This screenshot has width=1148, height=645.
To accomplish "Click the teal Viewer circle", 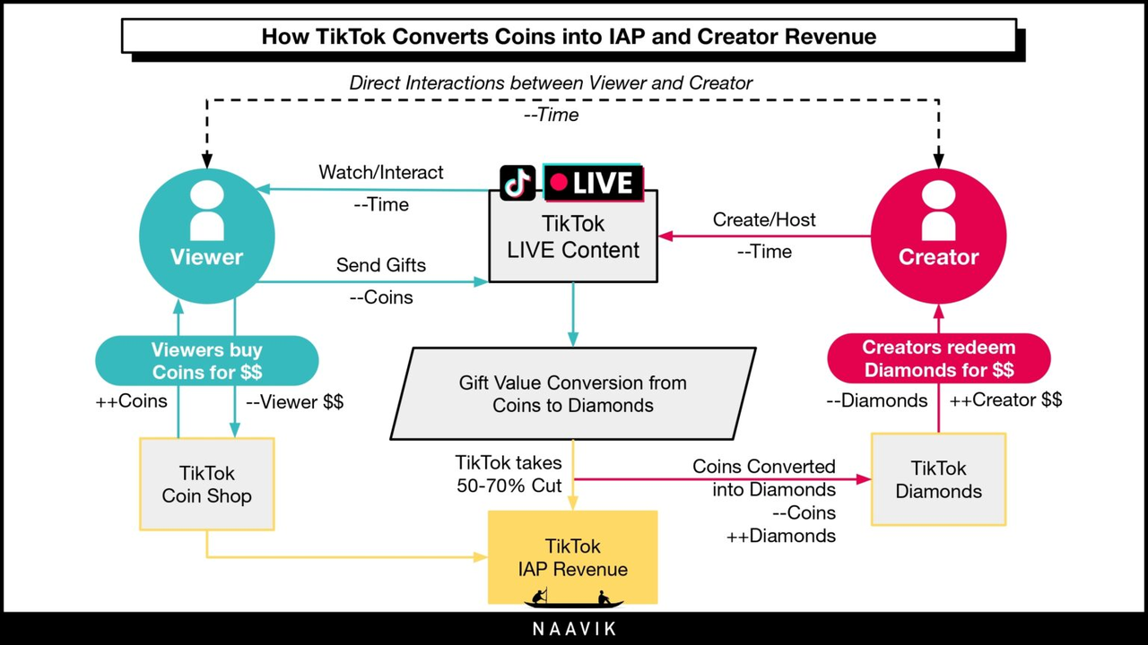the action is coord(207,236).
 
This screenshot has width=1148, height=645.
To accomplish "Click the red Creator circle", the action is coord(938,236).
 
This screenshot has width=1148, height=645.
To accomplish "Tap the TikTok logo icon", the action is coord(517,183).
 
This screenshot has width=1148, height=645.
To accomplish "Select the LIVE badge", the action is coord(593,182).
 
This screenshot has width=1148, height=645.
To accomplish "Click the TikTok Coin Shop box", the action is coord(207,484).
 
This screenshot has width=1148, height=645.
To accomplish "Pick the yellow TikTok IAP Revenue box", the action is coord(572,557).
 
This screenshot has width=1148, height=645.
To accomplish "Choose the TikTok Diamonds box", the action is coord(938,479).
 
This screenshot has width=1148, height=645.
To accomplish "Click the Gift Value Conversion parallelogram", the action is coord(573,393).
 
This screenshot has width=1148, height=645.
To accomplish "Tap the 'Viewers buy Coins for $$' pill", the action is coord(207,360).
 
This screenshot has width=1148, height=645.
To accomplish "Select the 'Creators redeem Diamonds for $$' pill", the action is coord(939,358).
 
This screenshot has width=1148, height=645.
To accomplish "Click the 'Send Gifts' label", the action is coord(381,265).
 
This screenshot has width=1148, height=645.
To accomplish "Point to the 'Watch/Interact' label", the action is coord(381,173).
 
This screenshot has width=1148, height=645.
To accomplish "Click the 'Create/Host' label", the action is coord(764,219).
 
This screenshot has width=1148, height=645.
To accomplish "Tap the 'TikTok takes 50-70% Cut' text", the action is coord(509,474).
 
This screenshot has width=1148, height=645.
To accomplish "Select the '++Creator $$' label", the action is coord(1005,400).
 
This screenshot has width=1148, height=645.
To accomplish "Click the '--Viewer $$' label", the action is coord(295,402).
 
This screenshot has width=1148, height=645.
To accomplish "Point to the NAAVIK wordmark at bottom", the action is coord(574,629).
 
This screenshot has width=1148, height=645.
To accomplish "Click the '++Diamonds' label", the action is coord(781,536).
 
